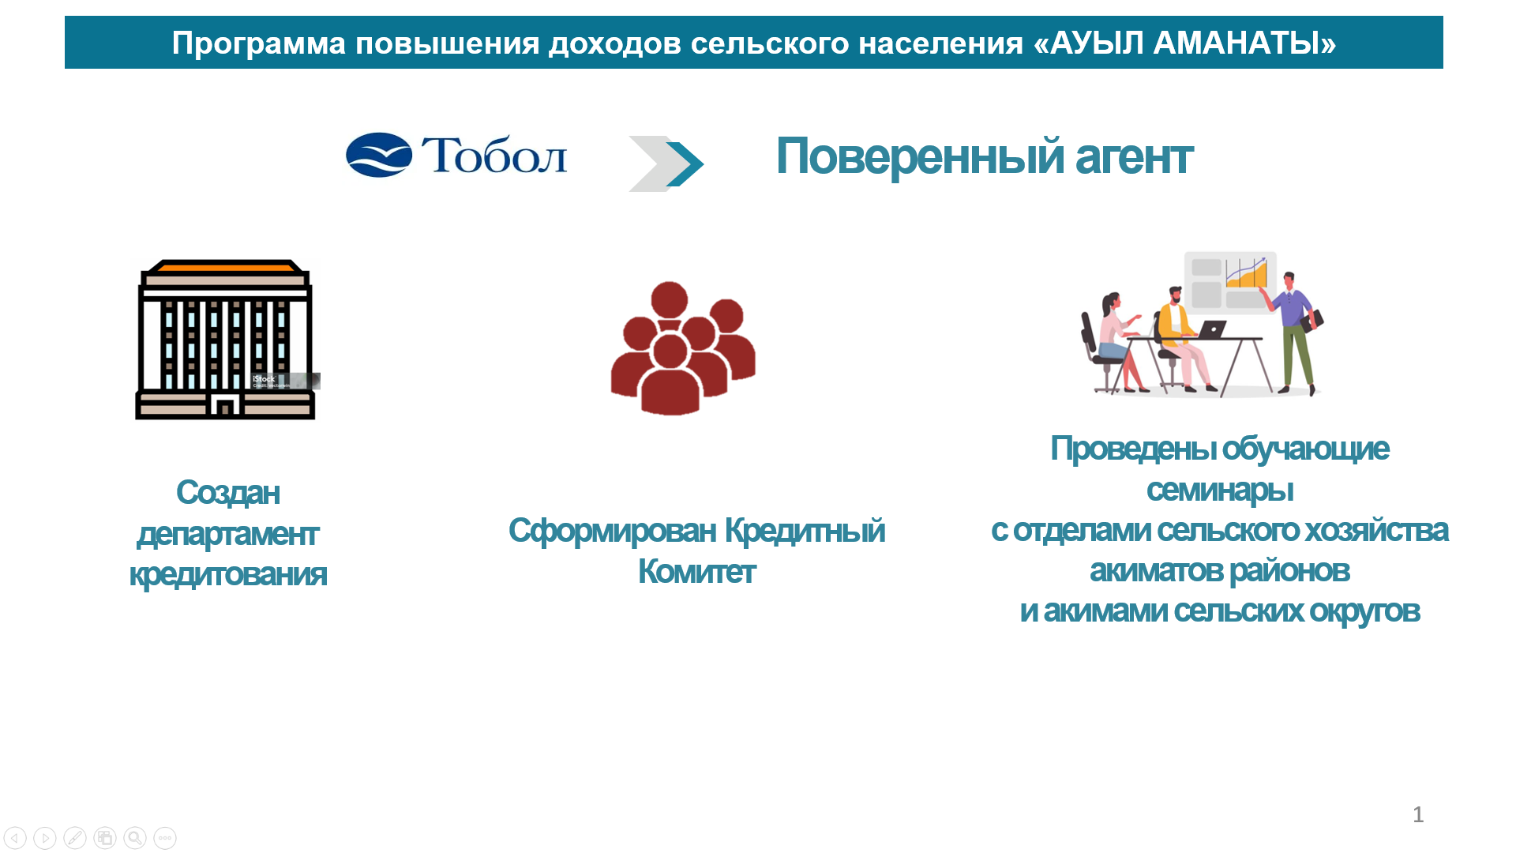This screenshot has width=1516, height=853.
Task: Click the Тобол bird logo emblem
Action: coord(379,155)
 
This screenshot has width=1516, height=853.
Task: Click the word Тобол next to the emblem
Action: coord(494,155)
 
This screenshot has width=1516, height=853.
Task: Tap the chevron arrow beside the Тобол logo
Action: coord(666,163)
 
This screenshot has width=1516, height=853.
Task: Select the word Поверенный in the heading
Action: coord(919,156)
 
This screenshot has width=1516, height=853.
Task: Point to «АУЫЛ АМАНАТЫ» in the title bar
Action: coord(1184,43)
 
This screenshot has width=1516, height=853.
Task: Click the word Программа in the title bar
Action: coord(259,43)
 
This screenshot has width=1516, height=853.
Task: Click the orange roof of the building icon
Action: coord(225,267)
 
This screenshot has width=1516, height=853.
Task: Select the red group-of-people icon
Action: coord(683,348)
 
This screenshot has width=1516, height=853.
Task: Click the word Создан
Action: coord(227,493)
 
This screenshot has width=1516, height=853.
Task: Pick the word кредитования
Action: coord(227,575)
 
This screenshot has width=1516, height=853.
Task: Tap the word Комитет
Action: coord(696,572)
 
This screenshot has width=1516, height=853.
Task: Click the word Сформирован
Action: coord(612,531)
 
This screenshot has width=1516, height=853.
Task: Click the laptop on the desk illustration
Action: coord(1210,329)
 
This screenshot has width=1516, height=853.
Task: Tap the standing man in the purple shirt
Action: coord(1293,333)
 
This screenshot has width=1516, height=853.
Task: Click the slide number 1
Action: coord(1418,814)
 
